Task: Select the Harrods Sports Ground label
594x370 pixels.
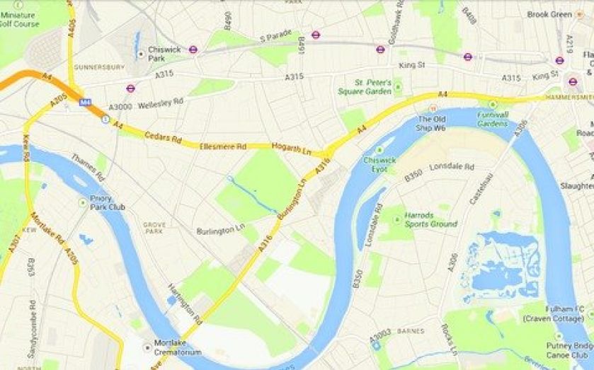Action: coord(430,219)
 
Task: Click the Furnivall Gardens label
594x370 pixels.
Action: coord(492,118)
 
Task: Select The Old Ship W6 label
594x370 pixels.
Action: coord(431,124)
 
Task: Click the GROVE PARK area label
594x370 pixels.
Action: coord(154,228)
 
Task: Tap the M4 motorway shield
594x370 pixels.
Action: coord(86,103)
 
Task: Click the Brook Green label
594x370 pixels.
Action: coord(549,13)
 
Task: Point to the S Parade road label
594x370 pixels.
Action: coord(276,37)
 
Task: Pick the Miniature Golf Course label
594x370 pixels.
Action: coord(20,18)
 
